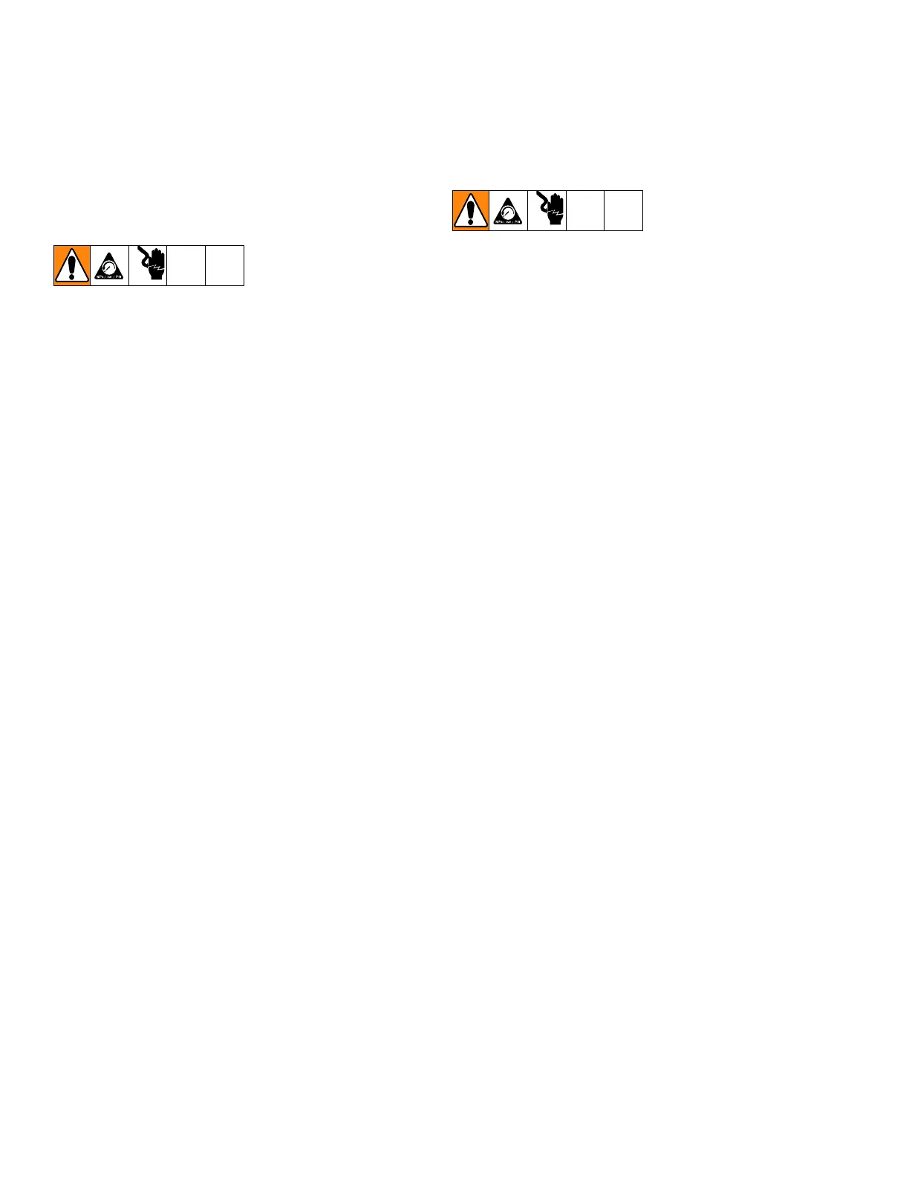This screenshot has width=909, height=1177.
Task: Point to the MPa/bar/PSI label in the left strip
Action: [110, 278]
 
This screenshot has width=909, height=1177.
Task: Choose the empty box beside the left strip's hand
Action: [186, 265]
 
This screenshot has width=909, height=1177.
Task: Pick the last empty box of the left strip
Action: [224, 265]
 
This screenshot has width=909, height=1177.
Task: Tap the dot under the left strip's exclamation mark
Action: [72, 277]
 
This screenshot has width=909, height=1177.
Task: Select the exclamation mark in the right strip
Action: [471, 207]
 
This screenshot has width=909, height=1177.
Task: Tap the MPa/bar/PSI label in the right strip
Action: [509, 223]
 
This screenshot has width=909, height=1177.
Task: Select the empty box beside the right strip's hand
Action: [585, 210]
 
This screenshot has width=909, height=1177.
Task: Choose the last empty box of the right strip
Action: [623, 210]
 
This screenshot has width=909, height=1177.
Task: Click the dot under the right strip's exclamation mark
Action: [471, 221]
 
